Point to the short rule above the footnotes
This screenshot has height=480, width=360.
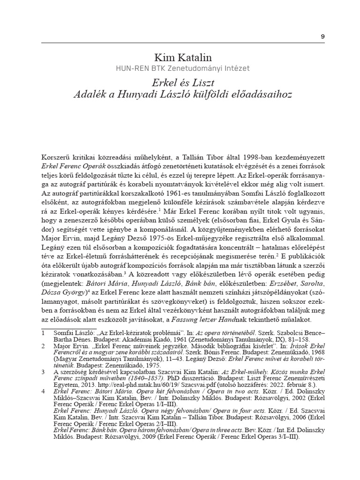point(69,328)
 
